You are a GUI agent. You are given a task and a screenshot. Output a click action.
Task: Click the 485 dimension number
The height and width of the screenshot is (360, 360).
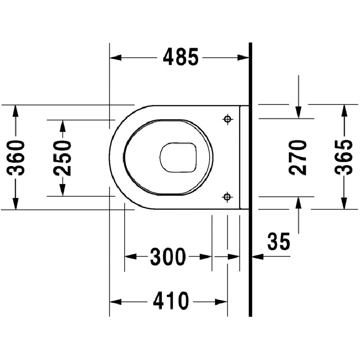click(180, 57)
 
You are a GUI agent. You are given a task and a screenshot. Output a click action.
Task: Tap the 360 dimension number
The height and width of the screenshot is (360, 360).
click(16, 158)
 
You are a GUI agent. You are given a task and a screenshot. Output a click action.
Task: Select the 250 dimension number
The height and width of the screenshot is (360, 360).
click(62, 158)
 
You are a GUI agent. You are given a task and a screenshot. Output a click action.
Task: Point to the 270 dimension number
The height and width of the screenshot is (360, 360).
click(298, 157)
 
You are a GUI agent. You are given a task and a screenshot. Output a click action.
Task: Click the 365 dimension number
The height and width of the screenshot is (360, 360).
click(343, 157)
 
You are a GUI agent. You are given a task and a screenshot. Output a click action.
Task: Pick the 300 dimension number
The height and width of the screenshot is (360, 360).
click(167, 256)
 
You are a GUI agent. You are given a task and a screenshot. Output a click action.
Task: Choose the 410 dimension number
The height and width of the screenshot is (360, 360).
click(171, 301)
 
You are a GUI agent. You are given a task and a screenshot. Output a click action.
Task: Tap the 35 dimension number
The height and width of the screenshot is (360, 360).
click(279, 241)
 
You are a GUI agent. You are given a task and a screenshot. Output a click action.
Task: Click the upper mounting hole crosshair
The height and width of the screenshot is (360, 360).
click(228, 119)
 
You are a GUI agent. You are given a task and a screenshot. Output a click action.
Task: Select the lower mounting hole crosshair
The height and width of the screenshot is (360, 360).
click(227, 197)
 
